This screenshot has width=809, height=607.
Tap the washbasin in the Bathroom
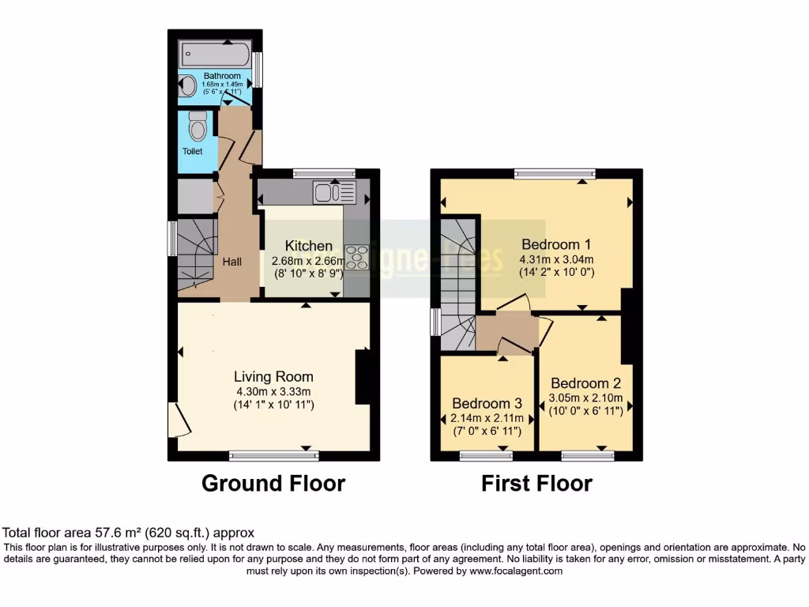pyautogui.click(x=188, y=86)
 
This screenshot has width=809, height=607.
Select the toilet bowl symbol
pyautogui.click(x=198, y=126)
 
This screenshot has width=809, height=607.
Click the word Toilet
pyautogui.click(x=193, y=151)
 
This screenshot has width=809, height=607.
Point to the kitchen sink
pyautogui.click(x=335, y=191)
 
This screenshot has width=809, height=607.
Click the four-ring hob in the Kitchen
pyautogui.click(x=356, y=258)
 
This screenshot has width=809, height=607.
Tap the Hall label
pyautogui.click(x=231, y=262)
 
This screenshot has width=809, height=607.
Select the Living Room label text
pyautogui.click(x=273, y=377)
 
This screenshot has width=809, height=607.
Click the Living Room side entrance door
pyautogui.click(x=178, y=420)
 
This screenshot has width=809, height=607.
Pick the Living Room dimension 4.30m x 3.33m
pyautogui.click(x=273, y=391)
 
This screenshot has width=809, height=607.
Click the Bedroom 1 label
pyautogui.click(x=556, y=244)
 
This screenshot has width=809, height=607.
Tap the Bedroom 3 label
pyautogui.click(x=482, y=403)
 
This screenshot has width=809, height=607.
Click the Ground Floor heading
pyautogui.click(x=273, y=483)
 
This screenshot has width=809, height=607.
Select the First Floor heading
pyautogui.click(x=536, y=483)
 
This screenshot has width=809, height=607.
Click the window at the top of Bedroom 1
pyautogui.click(x=555, y=173)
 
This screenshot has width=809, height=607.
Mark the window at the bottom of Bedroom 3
pyautogui.click(x=486, y=455)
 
